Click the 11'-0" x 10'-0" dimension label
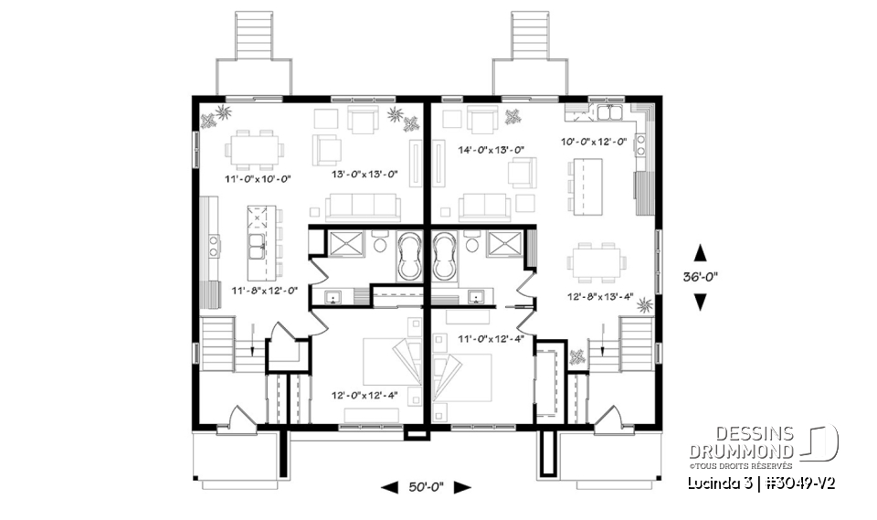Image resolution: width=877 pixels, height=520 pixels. click(257, 179)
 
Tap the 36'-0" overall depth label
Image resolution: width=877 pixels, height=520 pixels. click(700, 276)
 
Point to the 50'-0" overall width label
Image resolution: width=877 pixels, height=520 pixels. click(425, 487)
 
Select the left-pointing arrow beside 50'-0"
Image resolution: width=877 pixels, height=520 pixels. click(388, 487)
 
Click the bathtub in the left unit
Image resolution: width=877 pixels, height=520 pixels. click(408, 256)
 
